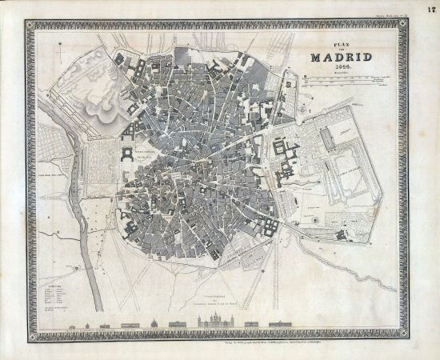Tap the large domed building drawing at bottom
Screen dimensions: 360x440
coord(154,323)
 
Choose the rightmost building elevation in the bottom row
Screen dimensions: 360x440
coord(280,324)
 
